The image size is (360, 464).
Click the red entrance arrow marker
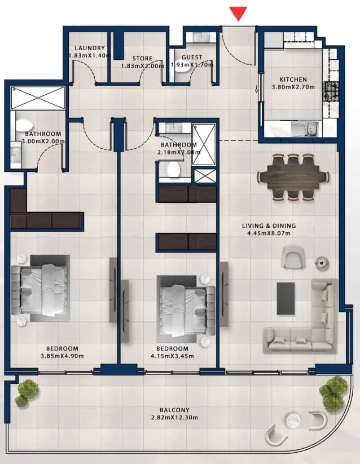pyautogui.click(x=238, y=14)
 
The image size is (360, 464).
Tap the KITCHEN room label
pyautogui.click(x=293, y=79)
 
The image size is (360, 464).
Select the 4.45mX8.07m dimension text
pyautogui.click(x=269, y=233)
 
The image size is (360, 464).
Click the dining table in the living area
pyautogui.click(x=293, y=176)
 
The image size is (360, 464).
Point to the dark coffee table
pyautogui.click(x=286, y=298)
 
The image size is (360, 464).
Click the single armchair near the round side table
pyautogui.click(x=293, y=257)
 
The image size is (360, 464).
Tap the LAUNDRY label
pyautogui.click(x=90, y=48)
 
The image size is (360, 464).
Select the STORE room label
pyautogui.click(x=142, y=58)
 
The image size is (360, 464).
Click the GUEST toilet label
pyautogui.click(x=192, y=57)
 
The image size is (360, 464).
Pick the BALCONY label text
pyautogui.click(x=174, y=410)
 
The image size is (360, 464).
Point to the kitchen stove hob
pyautogui.click(x=331, y=92)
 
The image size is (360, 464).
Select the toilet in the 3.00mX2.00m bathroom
pyautogui.click(x=22, y=125)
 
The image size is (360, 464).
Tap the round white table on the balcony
pyautogui.click(x=293, y=420)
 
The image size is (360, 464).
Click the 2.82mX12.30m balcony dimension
pyautogui.click(x=174, y=418)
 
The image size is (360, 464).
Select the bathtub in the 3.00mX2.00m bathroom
pyautogui.click(x=38, y=98)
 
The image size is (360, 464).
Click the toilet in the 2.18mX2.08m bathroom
pyautogui.click(x=173, y=170)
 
